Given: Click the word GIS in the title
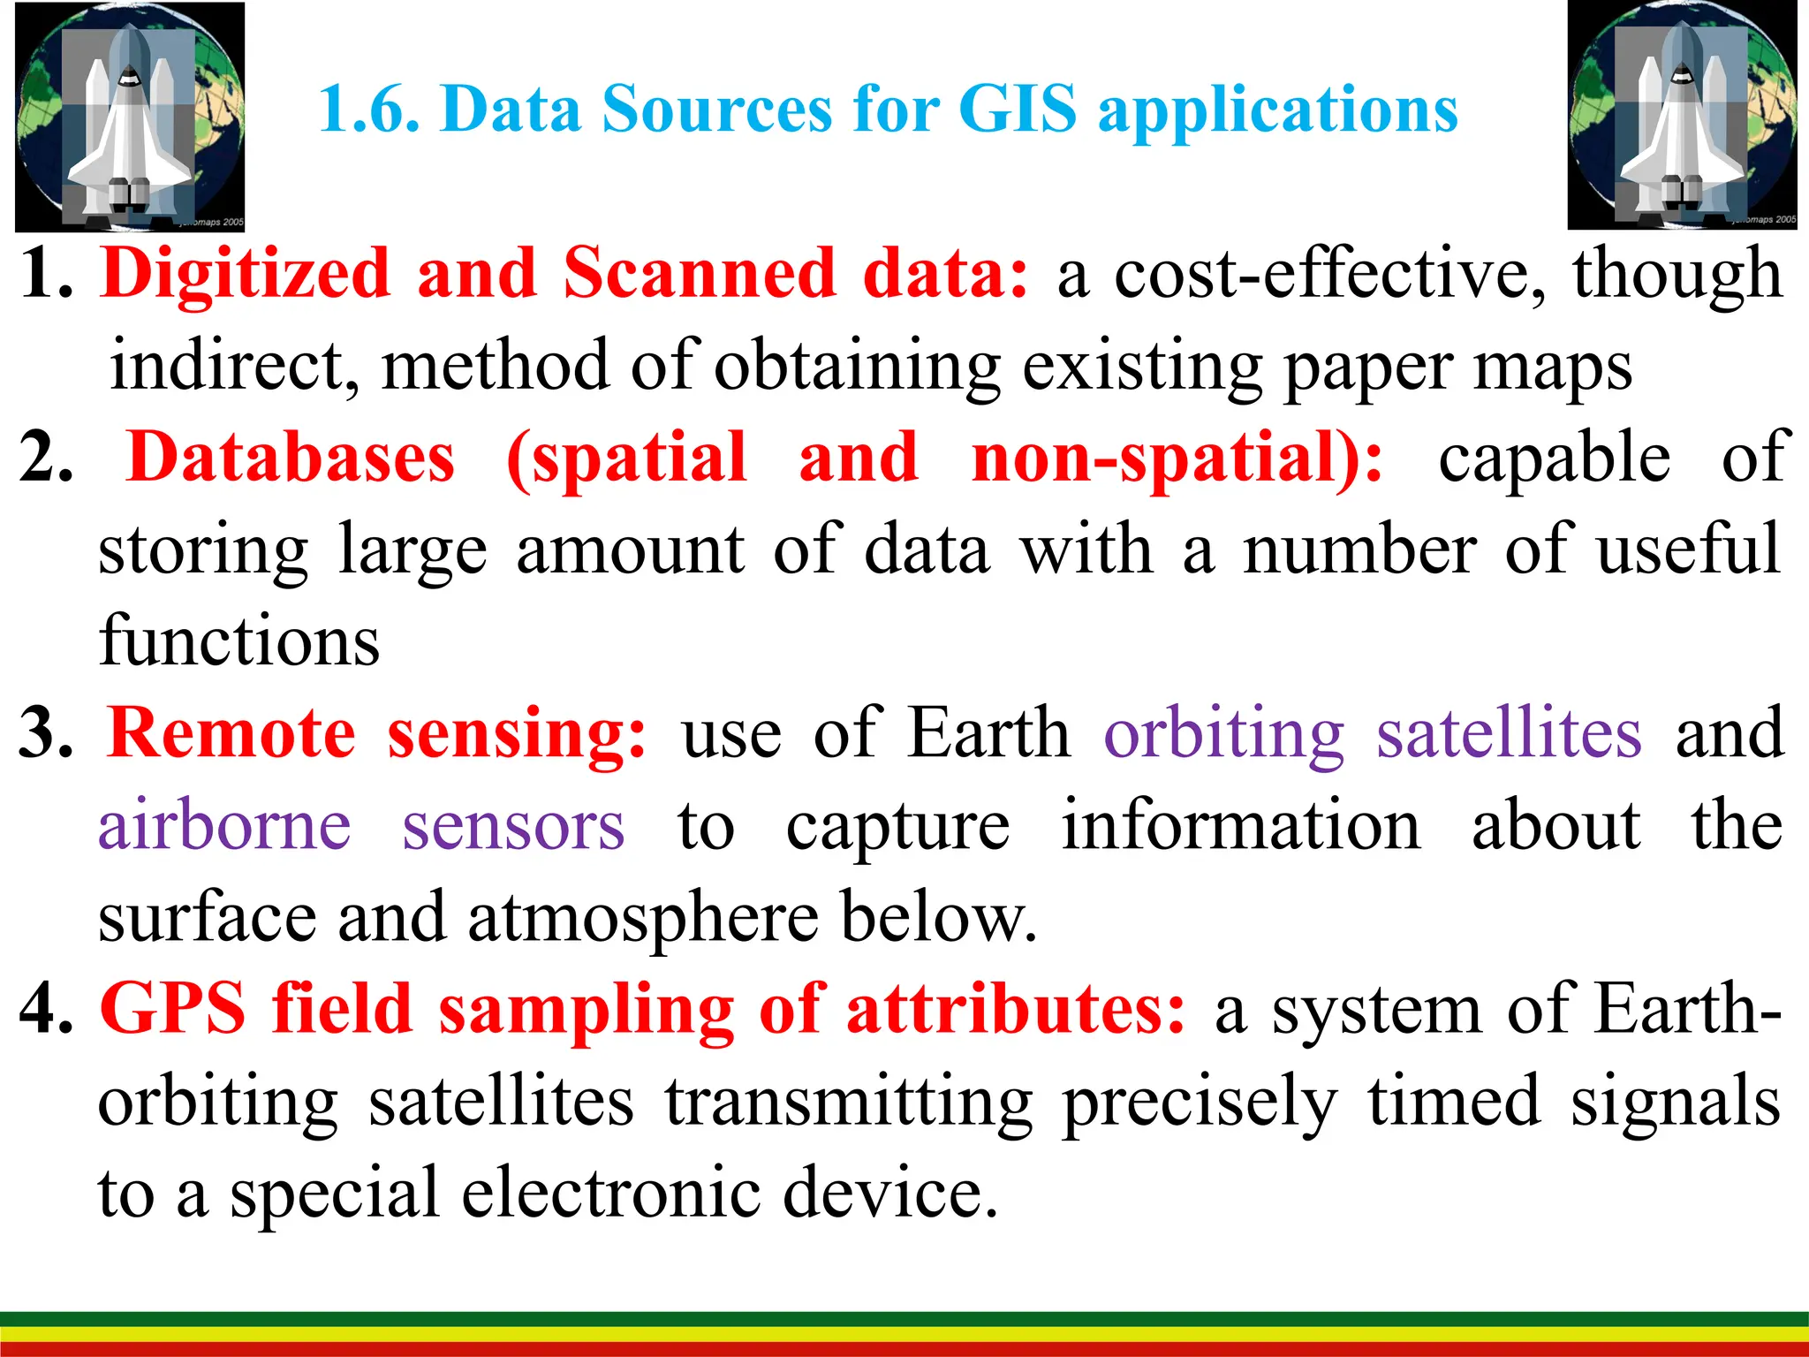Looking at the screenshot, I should tap(1017, 110).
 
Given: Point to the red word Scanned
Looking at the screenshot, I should tap(699, 273).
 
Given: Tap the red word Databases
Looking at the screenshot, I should tap(291, 457).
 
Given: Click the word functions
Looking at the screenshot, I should tap(239, 641).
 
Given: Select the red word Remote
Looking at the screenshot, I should tap(231, 733).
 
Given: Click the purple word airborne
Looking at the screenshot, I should tap(224, 825).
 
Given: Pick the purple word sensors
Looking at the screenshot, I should tap(513, 825).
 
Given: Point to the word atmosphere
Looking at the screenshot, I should tap(643, 917).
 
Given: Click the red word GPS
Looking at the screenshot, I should tap(172, 1009).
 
